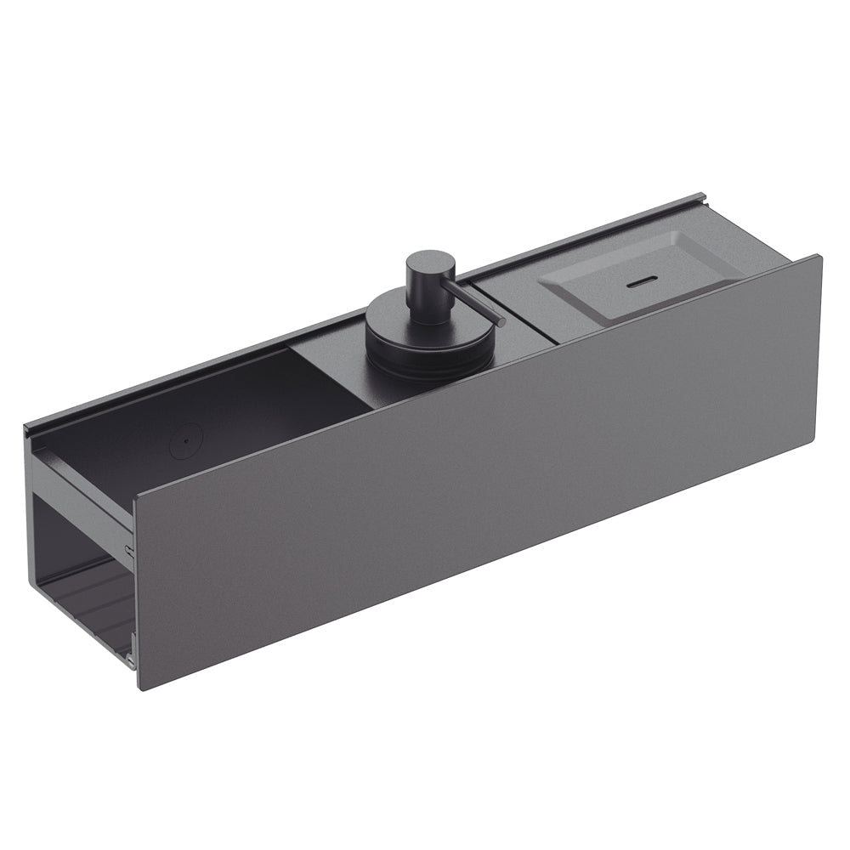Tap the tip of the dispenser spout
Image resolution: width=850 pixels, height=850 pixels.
click(x=502, y=323)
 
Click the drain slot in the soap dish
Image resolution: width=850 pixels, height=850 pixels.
click(x=643, y=280)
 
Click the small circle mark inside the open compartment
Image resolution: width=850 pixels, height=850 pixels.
click(x=184, y=440)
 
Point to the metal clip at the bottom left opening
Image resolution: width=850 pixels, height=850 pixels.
click(x=129, y=655)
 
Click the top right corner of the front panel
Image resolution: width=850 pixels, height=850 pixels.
click(x=820, y=256)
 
